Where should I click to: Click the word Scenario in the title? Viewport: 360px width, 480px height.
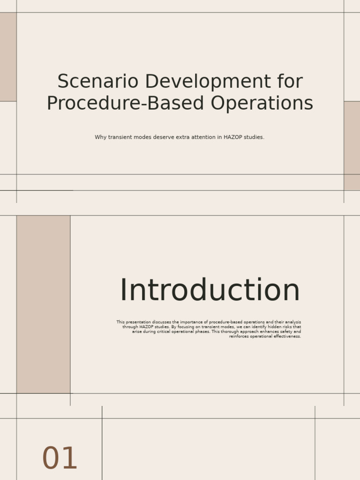pyautogui.click(x=97, y=82)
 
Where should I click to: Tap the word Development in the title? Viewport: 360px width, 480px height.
pyautogui.click(x=208, y=82)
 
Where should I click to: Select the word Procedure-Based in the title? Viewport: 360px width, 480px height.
pyautogui.click(x=126, y=103)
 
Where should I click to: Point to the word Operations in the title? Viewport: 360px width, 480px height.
pyautogui.click(x=262, y=104)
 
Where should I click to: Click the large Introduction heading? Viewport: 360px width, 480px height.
pyautogui.click(x=210, y=290)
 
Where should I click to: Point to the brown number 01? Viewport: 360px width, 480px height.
pyautogui.click(x=60, y=458)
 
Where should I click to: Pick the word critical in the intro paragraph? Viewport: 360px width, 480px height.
pyautogui.click(x=164, y=331)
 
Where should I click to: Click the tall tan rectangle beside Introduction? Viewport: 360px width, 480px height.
pyautogui.click(x=44, y=304)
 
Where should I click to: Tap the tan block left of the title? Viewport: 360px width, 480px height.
pyautogui.click(x=8, y=57)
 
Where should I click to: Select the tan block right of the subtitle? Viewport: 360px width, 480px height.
pyautogui.click(x=352, y=146)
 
